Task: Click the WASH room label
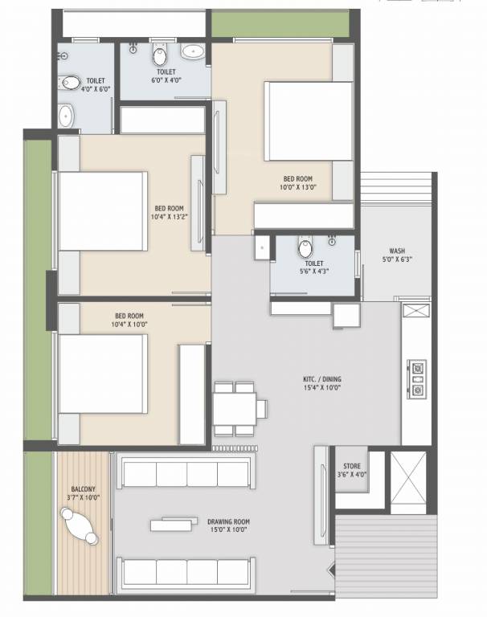coord(396,250)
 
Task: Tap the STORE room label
coord(351,465)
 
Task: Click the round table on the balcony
coord(80,530)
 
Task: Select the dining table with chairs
coord(235,408)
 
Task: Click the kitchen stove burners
coord(418,378)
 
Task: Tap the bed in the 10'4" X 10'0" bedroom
coord(101,372)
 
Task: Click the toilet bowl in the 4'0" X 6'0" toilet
coord(72,83)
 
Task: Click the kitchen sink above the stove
coord(417,313)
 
